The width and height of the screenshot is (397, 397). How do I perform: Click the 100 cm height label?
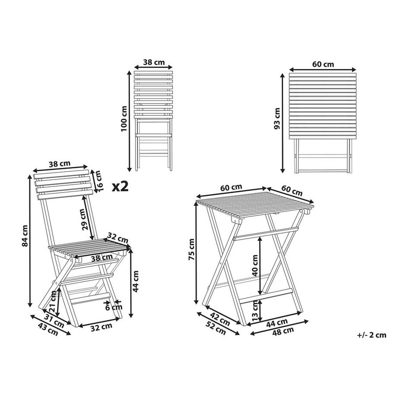(x=124, y=119)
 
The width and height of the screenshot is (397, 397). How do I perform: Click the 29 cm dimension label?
(x=85, y=219)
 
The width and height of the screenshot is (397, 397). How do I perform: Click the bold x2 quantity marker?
(x=121, y=186)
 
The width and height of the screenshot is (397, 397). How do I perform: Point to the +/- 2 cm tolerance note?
(x=372, y=334)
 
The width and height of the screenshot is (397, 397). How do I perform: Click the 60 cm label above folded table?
(x=323, y=65)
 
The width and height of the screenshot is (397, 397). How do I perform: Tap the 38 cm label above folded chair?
(x=154, y=62)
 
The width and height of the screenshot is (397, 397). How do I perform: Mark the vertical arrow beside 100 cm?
(x=129, y=121)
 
